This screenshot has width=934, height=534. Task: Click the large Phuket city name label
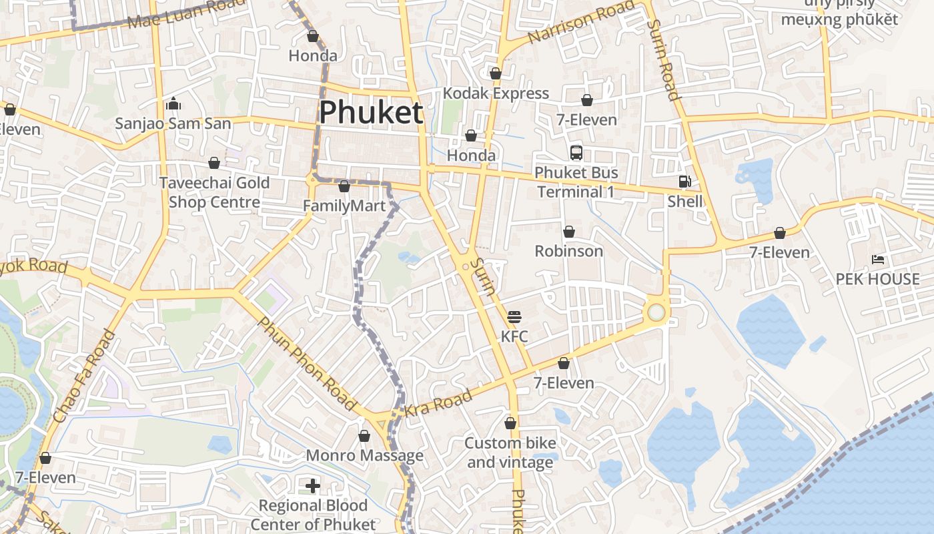(371, 113)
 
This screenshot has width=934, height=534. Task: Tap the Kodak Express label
(496, 93)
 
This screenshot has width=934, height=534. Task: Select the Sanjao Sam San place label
(173, 123)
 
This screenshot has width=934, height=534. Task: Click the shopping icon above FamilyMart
(344, 186)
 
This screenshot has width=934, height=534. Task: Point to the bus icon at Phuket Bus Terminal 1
(576, 153)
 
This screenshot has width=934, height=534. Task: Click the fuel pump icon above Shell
(684, 182)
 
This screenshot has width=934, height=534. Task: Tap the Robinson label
(569, 251)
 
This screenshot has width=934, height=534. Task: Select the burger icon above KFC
(514, 316)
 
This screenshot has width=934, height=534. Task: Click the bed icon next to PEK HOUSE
(878, 260)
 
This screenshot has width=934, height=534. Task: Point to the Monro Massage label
(364, 455)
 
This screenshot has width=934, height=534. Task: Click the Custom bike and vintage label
(510, 453)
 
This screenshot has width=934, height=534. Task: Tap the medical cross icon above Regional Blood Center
(313, 485)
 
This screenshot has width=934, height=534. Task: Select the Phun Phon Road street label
(306, 363)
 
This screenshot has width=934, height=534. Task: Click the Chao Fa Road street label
(83, 376)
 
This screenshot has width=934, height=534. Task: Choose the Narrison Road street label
(580, 22)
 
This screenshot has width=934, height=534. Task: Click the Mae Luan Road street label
(186, 13)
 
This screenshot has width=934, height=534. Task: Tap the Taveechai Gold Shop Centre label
(214, 192)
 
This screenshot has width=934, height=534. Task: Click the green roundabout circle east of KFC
(656, 312)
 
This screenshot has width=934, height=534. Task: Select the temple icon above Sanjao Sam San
(173, 103)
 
